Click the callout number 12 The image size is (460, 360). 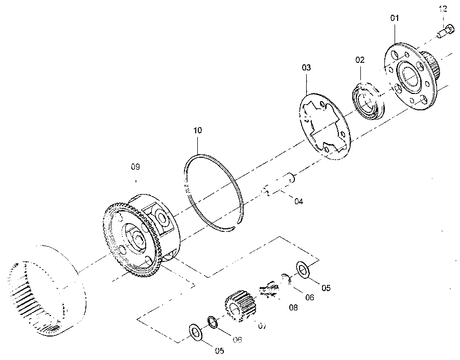(x=443, y=9)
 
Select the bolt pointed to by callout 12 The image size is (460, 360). (x=445, y=32)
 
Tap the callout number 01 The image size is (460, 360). (x=395, y=18)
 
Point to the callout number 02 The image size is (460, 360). (x=360, y=60)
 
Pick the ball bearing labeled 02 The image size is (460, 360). (x=368, y=101)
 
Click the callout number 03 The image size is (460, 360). (x=306, y=68)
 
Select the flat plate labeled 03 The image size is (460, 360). (x=325, y=127)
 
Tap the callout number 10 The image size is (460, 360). (x=198, y=130)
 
